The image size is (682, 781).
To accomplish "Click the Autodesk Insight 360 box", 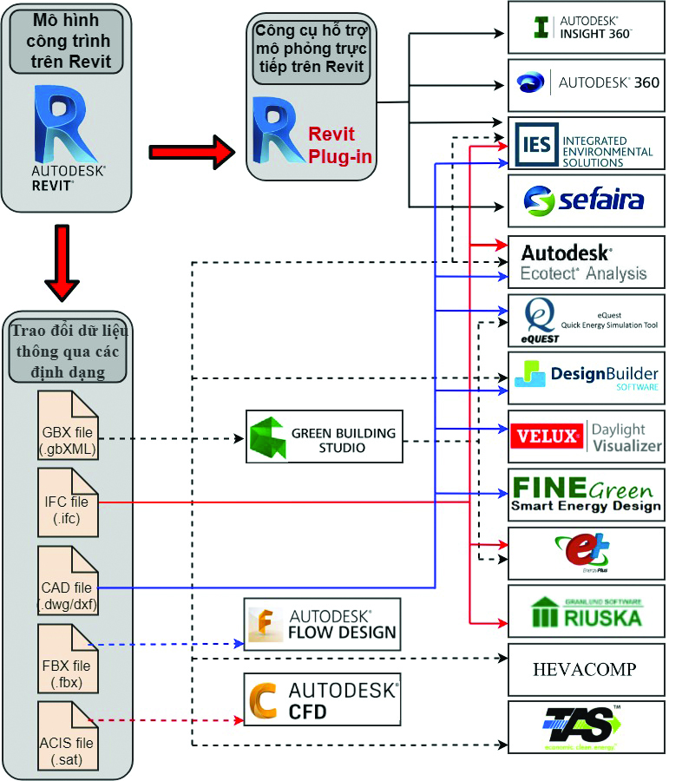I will [x=586, y=27].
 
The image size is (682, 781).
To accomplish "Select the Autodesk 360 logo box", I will [x=586, y=84].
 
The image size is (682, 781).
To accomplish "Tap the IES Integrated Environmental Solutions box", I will [x=586, y=143].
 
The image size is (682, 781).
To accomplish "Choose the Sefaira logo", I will [x=586, y=201].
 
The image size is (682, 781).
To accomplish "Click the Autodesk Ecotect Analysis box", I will [x=586, y=262].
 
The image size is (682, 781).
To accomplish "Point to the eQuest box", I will [x=586, y=320].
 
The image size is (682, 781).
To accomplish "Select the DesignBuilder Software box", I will [x=586, y=377].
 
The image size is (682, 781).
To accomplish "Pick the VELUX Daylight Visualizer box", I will [x=586, y=436].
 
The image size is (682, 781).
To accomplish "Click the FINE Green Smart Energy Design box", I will [x=586, y=495].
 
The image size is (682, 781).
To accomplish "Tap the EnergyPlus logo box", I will [x=586, y=553].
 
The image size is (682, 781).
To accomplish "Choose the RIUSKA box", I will [x=586, y=611].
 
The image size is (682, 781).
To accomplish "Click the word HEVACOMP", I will [x=584, y=669].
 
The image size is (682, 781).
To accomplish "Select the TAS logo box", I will [x=586, y=727].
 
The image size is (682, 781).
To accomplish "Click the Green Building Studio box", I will [x=325, y=436].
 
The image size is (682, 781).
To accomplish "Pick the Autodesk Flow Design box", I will [x=322, y=624].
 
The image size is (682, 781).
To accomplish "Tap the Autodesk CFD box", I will [x=322, y=699].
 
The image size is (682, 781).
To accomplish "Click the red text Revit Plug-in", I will [x=338, y=143].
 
